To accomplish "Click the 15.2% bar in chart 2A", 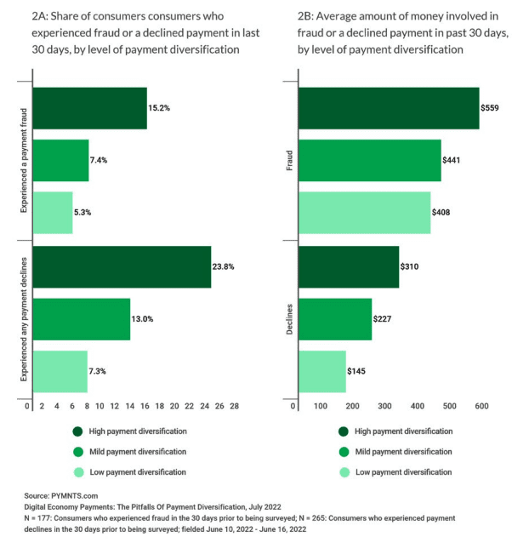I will click(89, 109).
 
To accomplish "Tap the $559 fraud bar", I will click(389, 109).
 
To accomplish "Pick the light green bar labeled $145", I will click(322, 371).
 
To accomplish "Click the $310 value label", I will click(410, 266).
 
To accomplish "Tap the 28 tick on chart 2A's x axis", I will click(234, 406).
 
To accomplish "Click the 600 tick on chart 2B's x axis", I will click(481, 406).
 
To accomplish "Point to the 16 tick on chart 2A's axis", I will click(144, 406).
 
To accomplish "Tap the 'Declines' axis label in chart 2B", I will click(290, 319).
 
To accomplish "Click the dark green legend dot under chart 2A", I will click(78, 431).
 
